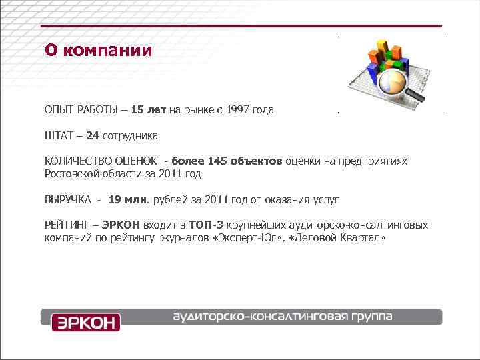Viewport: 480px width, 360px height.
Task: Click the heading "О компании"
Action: coord(98,51)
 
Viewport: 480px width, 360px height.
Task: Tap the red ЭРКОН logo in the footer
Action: coord(86,322)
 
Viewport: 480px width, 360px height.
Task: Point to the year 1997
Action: coord(239,109)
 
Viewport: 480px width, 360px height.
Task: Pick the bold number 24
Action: coord(93,136)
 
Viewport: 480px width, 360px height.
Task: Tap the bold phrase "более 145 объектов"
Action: coord(227,161)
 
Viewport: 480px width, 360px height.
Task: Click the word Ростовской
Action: coord(72,173)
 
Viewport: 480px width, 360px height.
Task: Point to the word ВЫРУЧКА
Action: coord(67,199)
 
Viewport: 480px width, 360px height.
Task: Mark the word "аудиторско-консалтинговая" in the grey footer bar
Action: coord(260,316)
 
